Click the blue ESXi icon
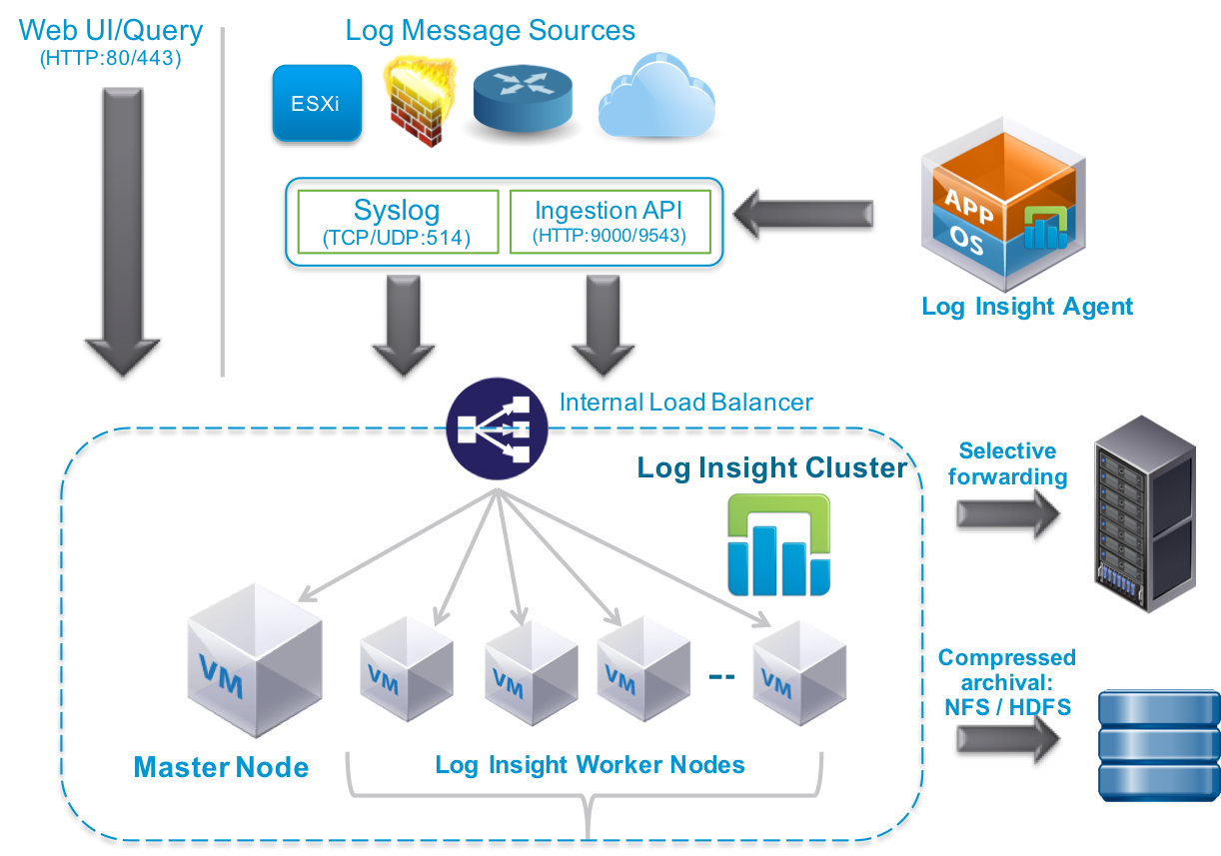[317, 104]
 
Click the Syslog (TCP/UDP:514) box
[397, 222]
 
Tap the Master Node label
[221, 767]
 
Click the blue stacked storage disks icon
[1159, 744]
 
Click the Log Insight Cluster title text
[771, 467]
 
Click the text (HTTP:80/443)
[110, 59]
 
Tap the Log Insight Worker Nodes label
[590, 765]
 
